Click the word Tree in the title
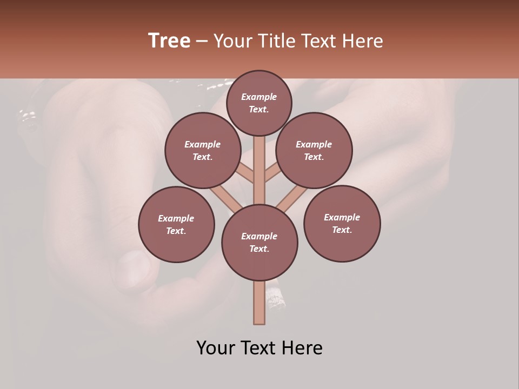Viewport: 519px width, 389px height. (x=169, y=41)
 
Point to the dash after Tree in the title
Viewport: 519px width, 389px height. (x=202, y=42)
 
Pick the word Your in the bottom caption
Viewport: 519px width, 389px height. (x=216, y=348)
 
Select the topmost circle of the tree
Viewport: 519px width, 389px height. (x=259, y=103)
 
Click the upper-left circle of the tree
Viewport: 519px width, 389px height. (x=203, y=151)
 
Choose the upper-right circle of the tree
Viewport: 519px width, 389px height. (x=314, y=151)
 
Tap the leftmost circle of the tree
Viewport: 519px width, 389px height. (x=176, y=224)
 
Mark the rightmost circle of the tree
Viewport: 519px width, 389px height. (x=342, y=223)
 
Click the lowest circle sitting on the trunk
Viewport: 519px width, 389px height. (x=259, y=243)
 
